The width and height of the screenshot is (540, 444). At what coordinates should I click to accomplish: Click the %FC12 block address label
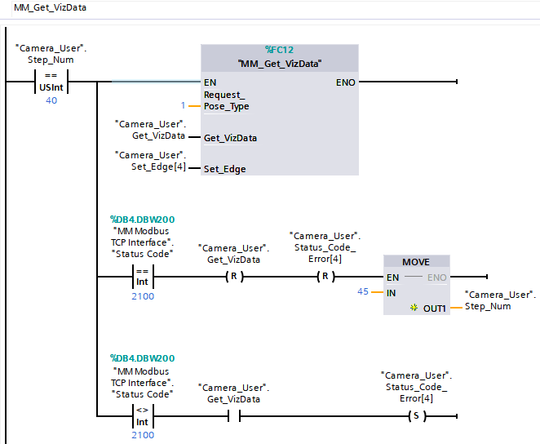[281, 49]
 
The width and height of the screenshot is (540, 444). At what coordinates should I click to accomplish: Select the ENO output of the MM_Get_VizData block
[344, 82]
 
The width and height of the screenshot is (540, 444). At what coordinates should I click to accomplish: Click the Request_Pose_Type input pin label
[226, 100]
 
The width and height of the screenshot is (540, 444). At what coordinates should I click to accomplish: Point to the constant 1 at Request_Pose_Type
[184, 105]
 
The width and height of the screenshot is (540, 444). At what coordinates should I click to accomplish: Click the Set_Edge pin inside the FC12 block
[224, 169]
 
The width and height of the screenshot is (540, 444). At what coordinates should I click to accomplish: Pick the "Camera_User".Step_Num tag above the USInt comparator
[51, 54]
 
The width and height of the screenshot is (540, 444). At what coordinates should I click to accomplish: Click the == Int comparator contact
[142, 277]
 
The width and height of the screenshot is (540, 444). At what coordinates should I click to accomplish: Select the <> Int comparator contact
[142, 416]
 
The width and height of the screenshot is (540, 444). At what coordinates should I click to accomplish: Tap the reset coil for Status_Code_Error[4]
[325, 277]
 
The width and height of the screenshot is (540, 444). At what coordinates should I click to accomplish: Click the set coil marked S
[417, 416]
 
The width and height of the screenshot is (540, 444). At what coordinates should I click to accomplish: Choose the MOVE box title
[416, 261]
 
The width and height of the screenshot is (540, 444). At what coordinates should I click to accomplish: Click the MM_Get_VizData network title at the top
[50, 7]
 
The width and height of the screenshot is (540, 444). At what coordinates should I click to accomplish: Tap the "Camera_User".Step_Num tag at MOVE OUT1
[499, 300]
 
